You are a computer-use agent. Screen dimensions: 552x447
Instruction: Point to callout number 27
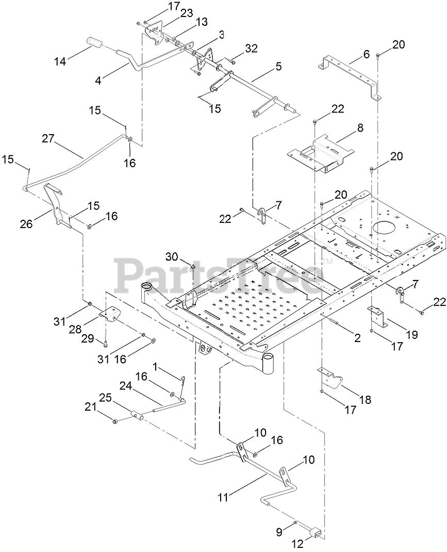[48, 138]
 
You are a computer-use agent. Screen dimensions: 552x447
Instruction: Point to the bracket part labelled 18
[329, 379]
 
